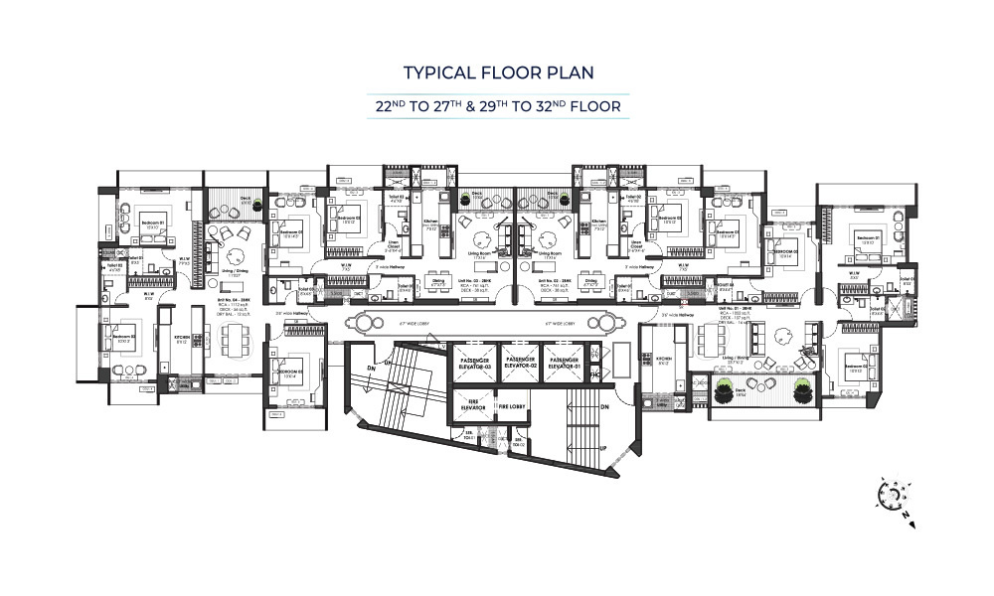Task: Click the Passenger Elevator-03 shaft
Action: click(474, 365)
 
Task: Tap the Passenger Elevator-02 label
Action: click(521, 363)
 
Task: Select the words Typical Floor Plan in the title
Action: click(496, 73)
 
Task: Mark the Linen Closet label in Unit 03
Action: click(393, 248)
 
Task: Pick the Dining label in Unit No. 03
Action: click(438, 282)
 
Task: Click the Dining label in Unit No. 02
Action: click(591, 282)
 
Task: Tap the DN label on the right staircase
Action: click(605, 406)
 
